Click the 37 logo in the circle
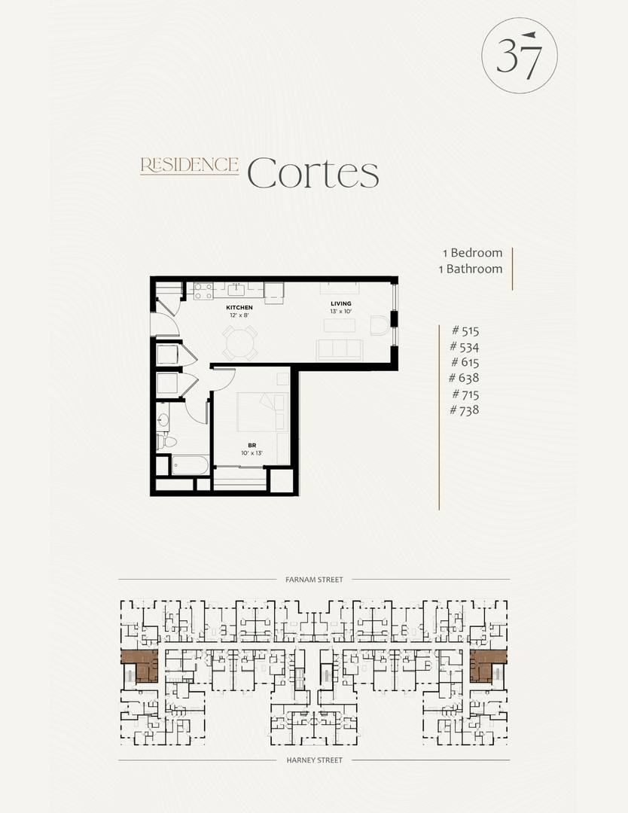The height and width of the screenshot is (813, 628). pyautogui.click(x=519, y=56)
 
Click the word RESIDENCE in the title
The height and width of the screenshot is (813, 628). pyautogui.click(x=189, y=165)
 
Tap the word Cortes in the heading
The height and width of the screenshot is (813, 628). pyautogui.click(x=313, y=173)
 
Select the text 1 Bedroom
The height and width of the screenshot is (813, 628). pyautogui.click(x=472, y=252)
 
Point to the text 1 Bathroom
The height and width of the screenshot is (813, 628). pyautogui.click(x=471, y=269)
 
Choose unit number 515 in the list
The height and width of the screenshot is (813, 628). pyautogui.click(x=465, y=330)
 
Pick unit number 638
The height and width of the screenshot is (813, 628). pyautogui.click(x=464, y=378)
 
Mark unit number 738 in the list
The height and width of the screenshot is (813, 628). pyautogui.click(x=464, y=410)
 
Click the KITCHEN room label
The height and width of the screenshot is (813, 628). pyautogui.click(x=239, y=307)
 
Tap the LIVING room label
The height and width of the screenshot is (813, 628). pyautogui.click(x=340, y=304)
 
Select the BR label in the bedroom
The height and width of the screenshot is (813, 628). pyautogui.click(x=252, y=446)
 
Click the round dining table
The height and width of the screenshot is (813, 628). pyautogui.click(x=240, y=343)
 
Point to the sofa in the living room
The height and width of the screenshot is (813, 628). pyautogui.click(x=340, y=350)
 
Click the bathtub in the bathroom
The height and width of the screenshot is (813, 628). pyautogui.click(x=190, y=465)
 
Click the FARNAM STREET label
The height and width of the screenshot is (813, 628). pyautogui.click(x=314, y=580)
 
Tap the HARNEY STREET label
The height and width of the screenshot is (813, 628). pyautogui.click(x=314, y=760)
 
